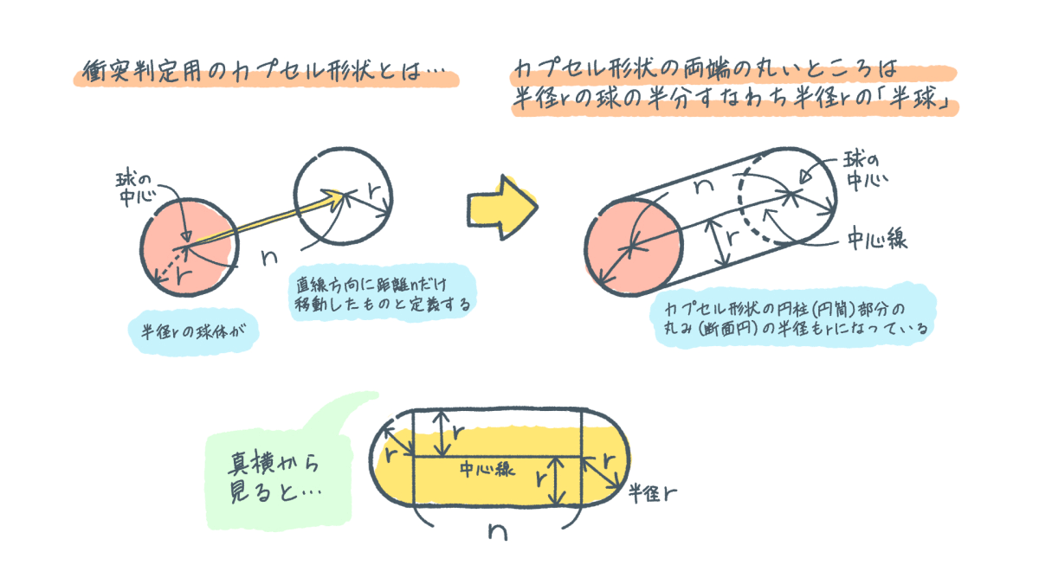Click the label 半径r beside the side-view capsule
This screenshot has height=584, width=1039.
coord(652,493)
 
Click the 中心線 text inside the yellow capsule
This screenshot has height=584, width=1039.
coord(488,471)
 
